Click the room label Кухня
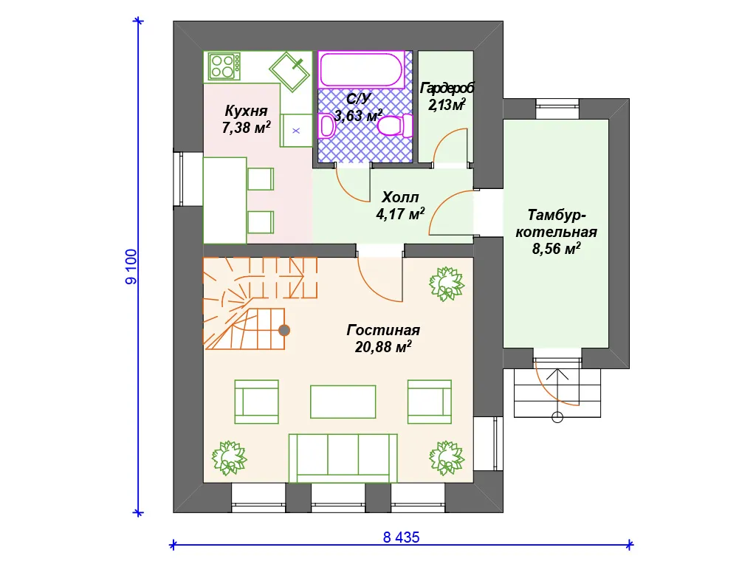pos(246,111)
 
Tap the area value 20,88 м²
pos(383,347)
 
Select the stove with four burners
pos(224,66)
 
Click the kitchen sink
pos(289,72)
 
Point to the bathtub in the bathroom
pos(361,69)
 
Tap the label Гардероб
pos(447,89)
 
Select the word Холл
pos(400,197)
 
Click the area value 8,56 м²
pos(557,249)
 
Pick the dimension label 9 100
pos(131,267)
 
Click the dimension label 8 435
pos(401,537)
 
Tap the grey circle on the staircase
pos(284,330)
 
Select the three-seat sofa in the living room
pos(343,458)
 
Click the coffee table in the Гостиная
pos(343,402)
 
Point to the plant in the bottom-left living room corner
pos(229,458)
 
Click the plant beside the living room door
pos(447,284)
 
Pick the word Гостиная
pos(383,330)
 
